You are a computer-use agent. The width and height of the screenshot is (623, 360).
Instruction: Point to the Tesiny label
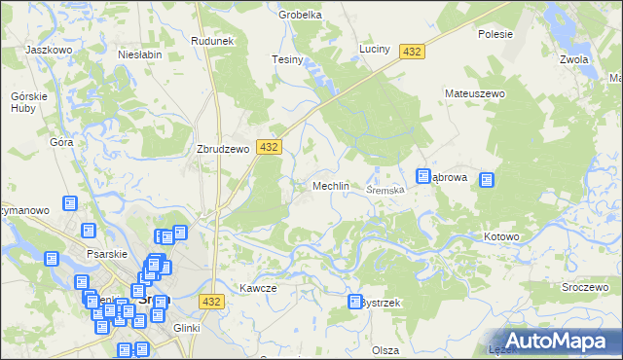tap(288, 60)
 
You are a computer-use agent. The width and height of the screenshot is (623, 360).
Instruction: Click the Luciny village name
tap(374, 49)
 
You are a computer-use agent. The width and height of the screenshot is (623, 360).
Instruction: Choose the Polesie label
tap(495, 33)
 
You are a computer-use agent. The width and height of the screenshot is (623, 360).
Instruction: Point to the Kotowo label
tap(502, 236)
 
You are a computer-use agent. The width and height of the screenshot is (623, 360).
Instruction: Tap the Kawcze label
tap(258, 288)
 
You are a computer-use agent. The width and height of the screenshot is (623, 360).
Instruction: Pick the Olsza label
tap(385, 349)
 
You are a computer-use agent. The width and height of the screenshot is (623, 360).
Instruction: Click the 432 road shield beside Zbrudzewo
tap(270, 146)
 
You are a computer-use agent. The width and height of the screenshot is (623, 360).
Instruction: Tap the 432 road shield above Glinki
tap(213, 302)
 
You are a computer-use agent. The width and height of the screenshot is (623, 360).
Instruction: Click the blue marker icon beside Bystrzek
tap(354, 303)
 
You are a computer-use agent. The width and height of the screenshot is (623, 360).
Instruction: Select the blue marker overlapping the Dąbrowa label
tap(423, 176)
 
